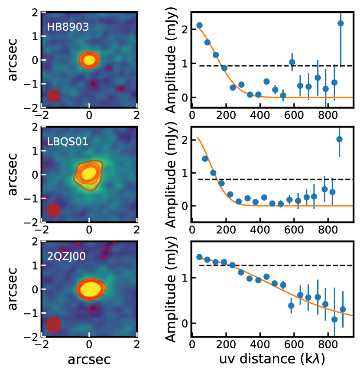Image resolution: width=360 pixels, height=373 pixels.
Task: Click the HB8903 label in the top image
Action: click(x=68, y=27)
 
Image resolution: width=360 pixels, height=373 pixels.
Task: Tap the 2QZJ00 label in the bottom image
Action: click(x=66, y=256)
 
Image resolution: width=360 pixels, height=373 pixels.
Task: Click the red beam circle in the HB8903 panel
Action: click(x=53, y=95)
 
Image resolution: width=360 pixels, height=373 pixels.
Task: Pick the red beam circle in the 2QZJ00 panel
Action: click(x=53, y=324)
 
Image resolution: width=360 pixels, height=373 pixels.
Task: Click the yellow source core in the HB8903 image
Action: click(x=89, y=59)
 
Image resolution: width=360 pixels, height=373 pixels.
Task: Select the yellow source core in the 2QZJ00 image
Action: click(x=91, y=288)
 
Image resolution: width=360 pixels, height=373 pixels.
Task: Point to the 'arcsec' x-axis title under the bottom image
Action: click(x=89, y=359)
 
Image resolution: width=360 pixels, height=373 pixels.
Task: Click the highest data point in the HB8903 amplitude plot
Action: click(x=341, y=23)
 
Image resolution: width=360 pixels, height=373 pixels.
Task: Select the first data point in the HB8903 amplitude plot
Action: click(x=199, y=25)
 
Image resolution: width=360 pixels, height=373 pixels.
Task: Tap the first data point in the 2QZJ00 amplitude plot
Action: click(x=199, y=257)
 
